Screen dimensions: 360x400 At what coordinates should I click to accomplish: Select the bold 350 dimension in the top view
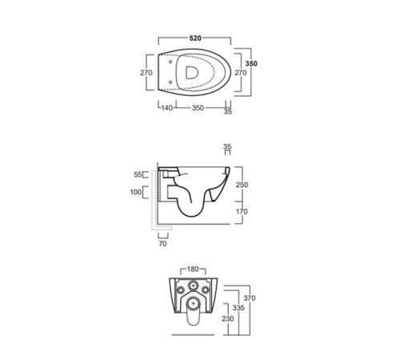(x=251, y=63)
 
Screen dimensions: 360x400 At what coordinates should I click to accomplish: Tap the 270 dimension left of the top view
(x=146, y=73)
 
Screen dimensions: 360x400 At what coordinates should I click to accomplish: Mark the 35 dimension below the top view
(x=228, y=113)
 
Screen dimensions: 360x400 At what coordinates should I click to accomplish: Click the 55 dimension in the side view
(x=137, y=174)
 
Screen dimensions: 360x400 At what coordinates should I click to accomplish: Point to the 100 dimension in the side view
(x=135, y=193)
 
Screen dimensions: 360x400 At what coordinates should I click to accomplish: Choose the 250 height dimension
(x=242, y=183)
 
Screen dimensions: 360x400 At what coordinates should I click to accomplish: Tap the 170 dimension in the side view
(x=242, y=211)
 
